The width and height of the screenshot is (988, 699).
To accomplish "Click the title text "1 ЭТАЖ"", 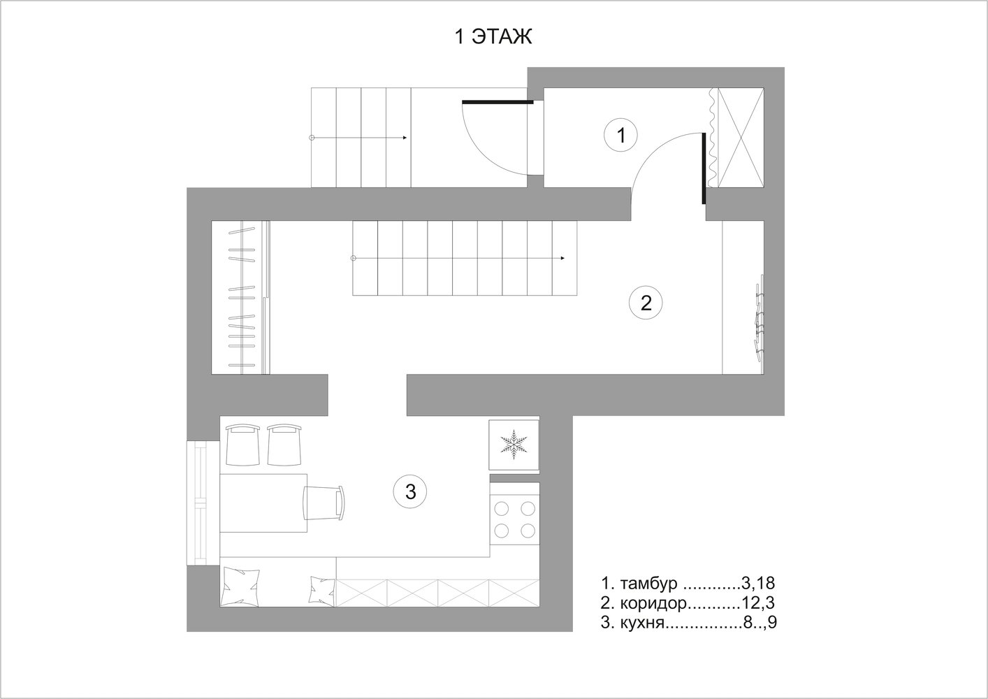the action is (x=493, y=36).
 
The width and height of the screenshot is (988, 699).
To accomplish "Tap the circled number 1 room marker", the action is (x=620, y=135).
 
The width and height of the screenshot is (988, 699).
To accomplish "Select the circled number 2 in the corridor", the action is (x=646, y=303).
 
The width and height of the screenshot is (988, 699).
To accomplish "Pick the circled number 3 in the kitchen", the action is (x=410, y=491).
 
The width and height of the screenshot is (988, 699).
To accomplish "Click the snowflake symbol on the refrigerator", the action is (x=514, y=445).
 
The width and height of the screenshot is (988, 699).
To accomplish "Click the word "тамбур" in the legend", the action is (x=648, y=584).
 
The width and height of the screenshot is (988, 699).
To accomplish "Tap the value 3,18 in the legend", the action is (x=757, y=584).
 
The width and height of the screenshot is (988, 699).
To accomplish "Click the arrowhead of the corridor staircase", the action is (x=562, y=258).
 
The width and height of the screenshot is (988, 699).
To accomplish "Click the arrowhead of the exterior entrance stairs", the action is (x=405, y=138).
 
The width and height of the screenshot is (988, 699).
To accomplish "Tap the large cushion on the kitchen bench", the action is (x=241, y=587).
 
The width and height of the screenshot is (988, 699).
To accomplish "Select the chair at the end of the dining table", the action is (x=324, y=503).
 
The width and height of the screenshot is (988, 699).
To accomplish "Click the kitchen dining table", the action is (x=263, y=503).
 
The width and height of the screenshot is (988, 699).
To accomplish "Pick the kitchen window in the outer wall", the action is (x=203, y=503).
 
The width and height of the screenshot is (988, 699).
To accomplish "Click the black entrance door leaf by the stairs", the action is (x=497, y=102).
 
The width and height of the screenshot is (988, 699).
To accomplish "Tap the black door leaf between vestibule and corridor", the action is (x=704, y=168).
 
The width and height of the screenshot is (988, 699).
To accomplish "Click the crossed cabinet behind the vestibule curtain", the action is (x=741, y=138).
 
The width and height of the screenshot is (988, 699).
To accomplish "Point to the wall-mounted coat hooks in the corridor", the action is (x=759, y=318).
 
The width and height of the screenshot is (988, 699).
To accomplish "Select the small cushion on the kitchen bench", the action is (x=322, y=591).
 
